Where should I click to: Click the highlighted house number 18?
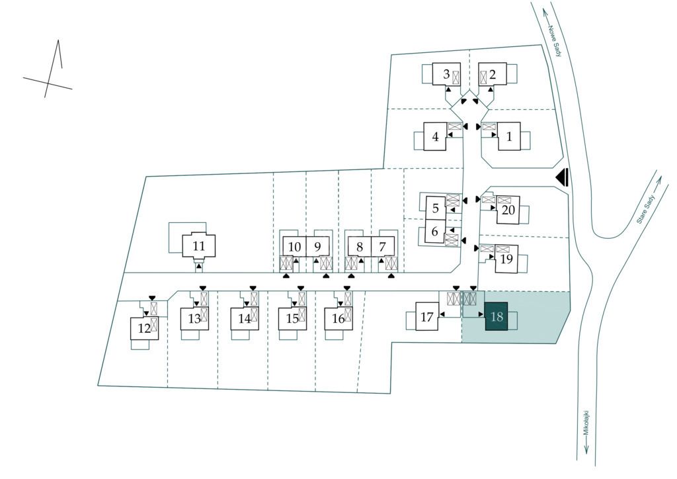tap(497, 317)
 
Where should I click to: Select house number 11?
tap(199, 246)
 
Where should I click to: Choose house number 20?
tap(508, 210)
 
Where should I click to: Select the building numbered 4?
tap(435, 137)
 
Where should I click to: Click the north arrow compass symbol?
tap(50, 73)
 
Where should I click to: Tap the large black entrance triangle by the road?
tap(563, 177)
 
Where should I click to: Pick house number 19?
tap(506, 259)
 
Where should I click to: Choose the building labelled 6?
tap(434, 232)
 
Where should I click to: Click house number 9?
tap(317, 247)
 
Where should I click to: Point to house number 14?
tap(245, 318)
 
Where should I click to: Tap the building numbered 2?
tap(492, 75)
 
